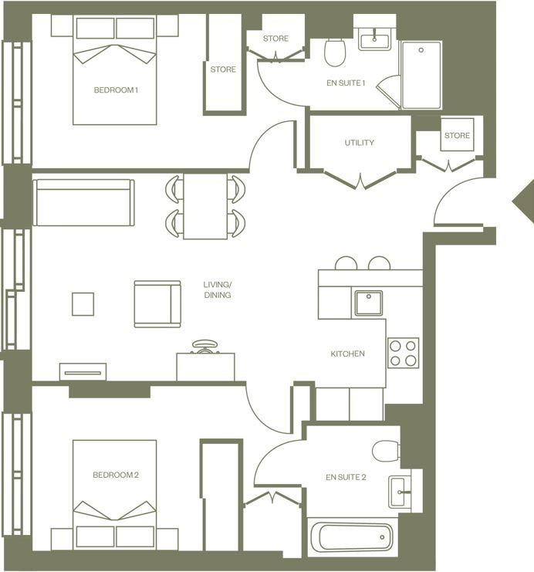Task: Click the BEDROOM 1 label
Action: click(x=116, y=90)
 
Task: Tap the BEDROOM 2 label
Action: click(x=116, y=475)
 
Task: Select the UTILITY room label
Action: click(x=360, y=143)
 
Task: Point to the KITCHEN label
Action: click(x=347, y=354)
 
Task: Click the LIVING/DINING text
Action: click(x=218, y=289)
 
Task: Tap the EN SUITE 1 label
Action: click(x=346, y=83)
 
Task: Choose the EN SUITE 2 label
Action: click(x=346, y=477)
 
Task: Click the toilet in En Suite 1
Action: click(x=335, y=52)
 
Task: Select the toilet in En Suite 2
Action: click(x=386, y=452)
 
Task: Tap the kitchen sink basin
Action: click(x=369, y=303)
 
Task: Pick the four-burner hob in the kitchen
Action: click(x=403, y=353)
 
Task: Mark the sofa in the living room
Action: click(x=84, y=202)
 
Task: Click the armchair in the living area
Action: click(x=157, y=304)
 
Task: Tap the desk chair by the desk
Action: click(x=205, y=347)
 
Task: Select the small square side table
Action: click(x=83, y=304)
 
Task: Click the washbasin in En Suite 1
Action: click(x=374, y=39)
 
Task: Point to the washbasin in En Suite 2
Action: click(x=400, y=492)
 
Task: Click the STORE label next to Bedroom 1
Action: click(x=223, y=69)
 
